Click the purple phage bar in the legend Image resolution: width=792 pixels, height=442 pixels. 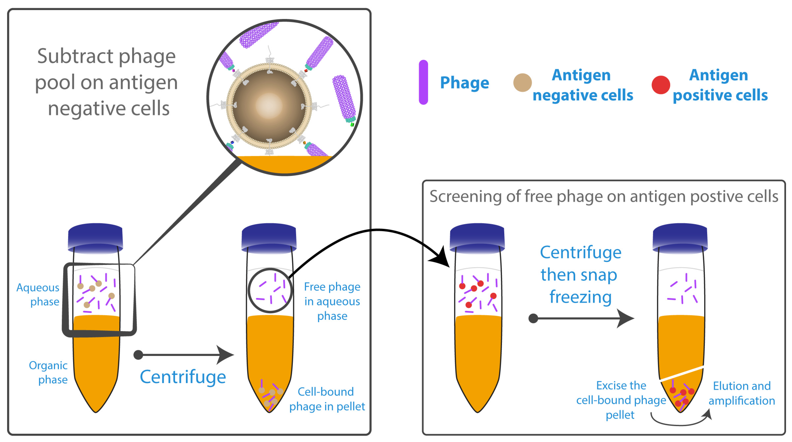(423, 82)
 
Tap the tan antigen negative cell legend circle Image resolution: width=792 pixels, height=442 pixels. (522, 82)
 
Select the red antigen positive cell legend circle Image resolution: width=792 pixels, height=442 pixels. (661, 85)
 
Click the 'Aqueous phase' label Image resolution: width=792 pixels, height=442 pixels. (38, 294)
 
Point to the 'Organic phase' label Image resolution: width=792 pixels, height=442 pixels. (48, 372)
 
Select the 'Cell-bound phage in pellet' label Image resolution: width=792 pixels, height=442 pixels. (327, 399)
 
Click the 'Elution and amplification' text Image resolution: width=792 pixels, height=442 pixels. (742, 393)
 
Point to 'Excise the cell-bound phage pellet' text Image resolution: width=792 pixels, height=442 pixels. (621, 400)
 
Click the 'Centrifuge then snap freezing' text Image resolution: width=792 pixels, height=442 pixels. (580, 274)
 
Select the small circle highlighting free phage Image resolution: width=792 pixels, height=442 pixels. (270, 290)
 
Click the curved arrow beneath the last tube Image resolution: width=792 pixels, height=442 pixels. (679, 424)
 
